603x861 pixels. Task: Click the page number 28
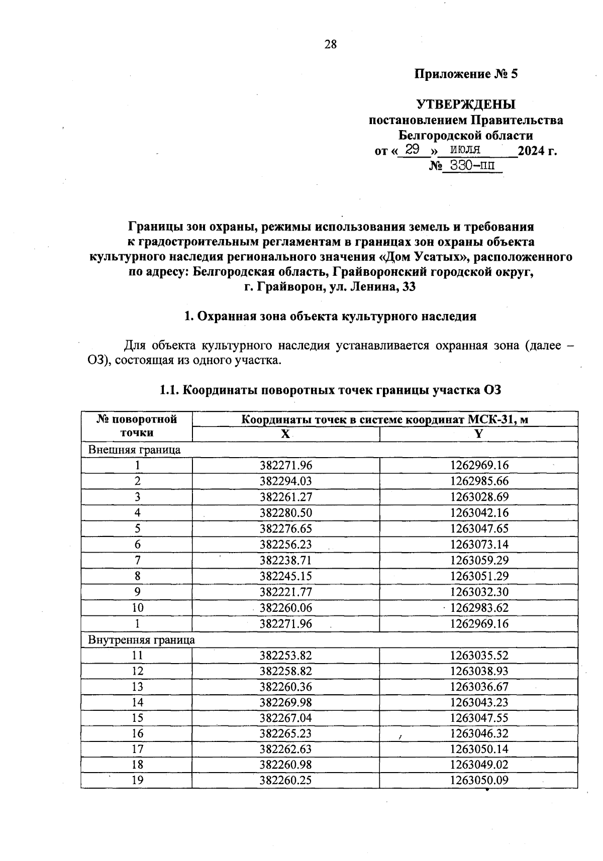(330, 44)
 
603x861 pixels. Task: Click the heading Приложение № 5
(465, 74)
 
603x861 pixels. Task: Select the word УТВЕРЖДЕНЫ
(465, 104)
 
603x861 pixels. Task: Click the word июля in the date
(465, 149)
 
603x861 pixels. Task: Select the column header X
(285, 435)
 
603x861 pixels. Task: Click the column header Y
(478, 435)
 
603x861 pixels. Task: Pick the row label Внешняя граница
(134, 450)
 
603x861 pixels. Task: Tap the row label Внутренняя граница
(141, 640)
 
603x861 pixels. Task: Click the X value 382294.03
(285, 481)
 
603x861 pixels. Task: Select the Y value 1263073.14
(479, 545)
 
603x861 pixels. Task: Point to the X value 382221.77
(285, 592)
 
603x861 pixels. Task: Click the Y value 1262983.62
(479, 608)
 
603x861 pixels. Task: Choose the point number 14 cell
(137, 702)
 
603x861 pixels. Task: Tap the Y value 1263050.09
(479, 780)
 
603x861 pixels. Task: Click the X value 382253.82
(285, 656)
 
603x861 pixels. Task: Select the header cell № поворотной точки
(137, 426)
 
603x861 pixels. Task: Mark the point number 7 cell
(137, 560)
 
